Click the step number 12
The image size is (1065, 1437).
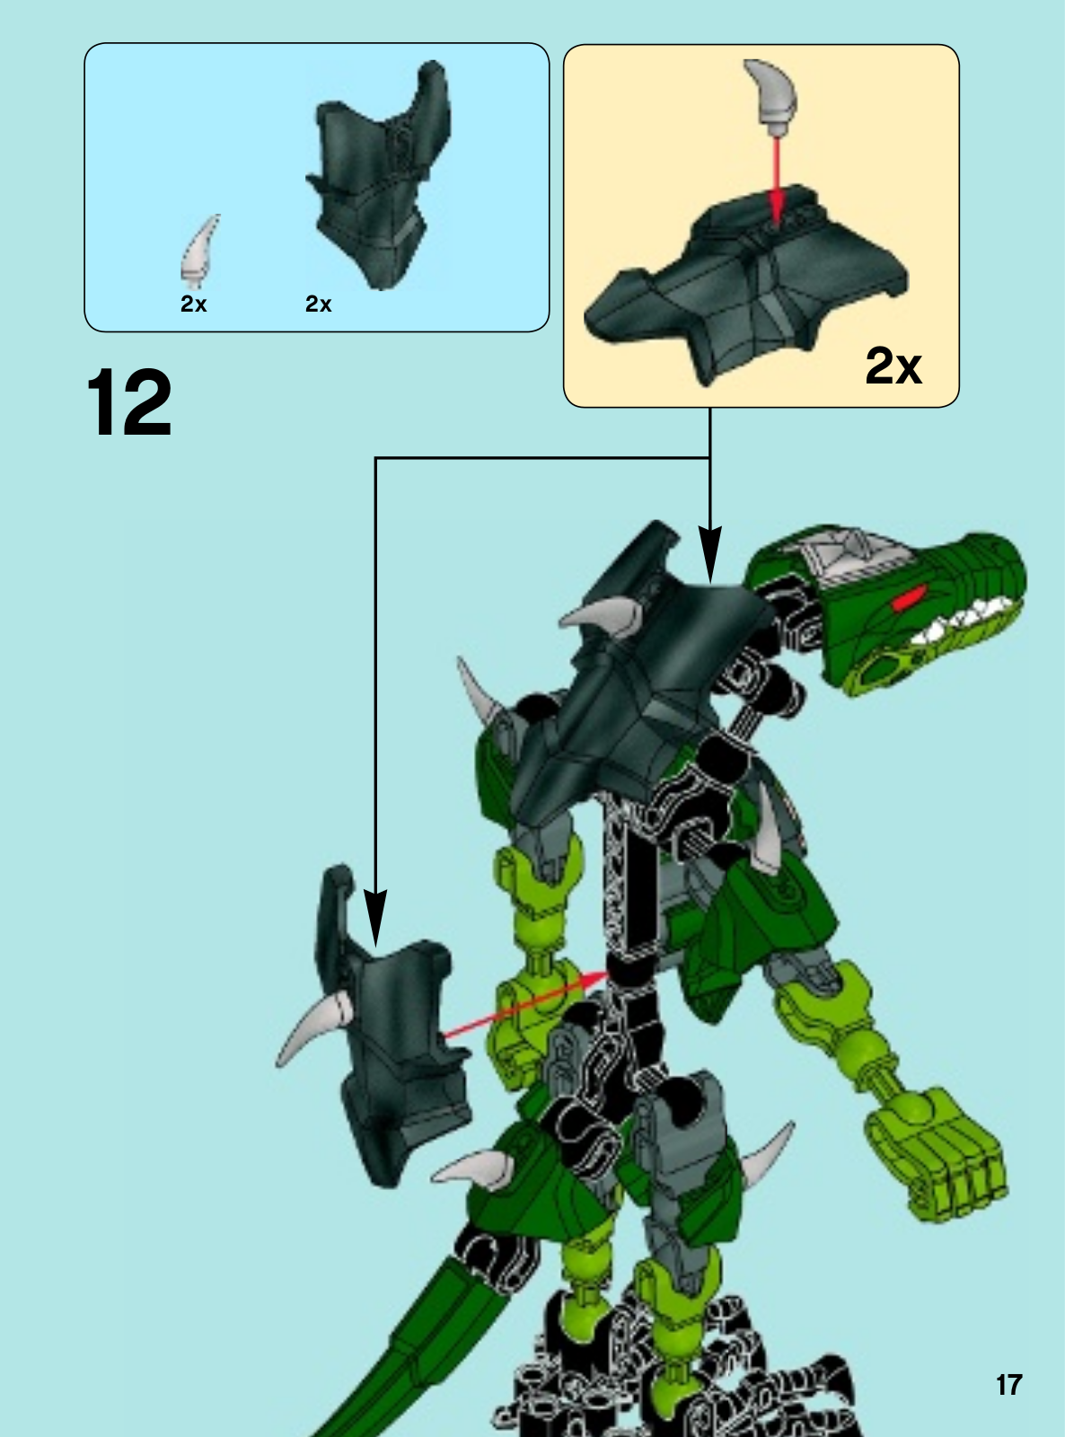[x=129, y=402]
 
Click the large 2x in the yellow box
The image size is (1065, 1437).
[x=893, y=366]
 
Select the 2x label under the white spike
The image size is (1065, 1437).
[x=194, y=304]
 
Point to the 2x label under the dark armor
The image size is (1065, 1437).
[x=318, y=304]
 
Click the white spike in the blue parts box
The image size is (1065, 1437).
[x=198, y=251]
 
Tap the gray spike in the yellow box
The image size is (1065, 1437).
[x=772, y=96]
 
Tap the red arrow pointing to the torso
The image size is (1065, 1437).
[x=524, y=1005]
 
